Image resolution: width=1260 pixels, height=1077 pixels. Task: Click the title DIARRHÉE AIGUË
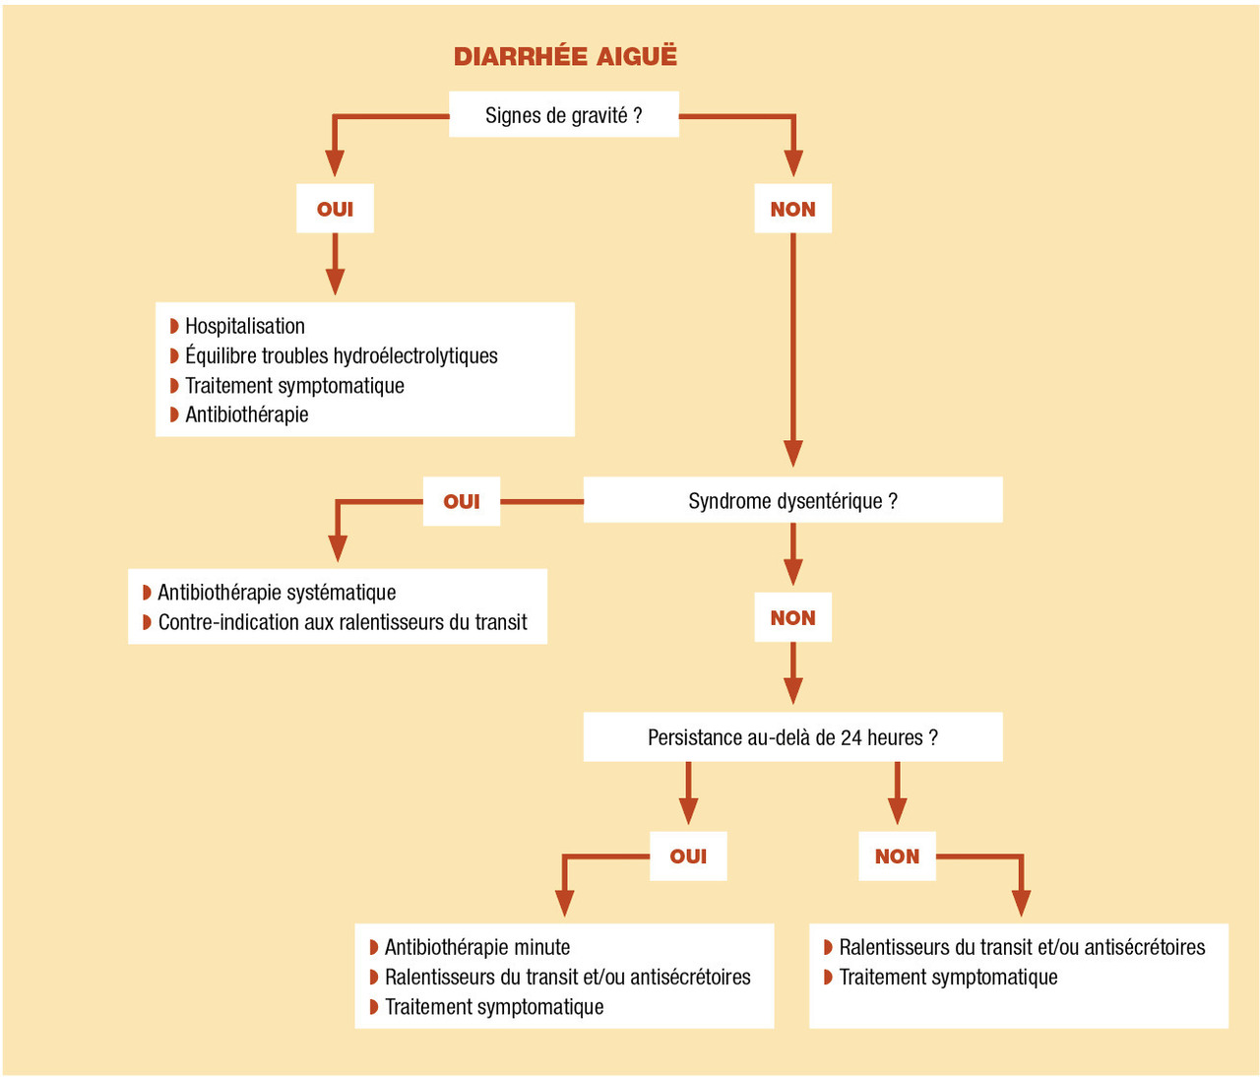565,56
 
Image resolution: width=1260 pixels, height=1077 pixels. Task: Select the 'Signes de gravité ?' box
563,115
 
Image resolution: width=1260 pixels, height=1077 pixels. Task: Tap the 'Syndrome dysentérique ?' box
792,501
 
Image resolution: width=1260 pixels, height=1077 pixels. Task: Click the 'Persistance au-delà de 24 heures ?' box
792,737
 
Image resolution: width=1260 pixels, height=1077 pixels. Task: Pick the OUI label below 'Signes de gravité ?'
335,209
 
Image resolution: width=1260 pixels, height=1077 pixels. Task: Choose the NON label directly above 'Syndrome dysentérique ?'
792,209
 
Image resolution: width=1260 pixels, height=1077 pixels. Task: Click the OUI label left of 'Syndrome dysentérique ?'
462,501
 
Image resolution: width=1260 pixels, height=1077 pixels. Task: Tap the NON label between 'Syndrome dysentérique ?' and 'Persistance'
792,618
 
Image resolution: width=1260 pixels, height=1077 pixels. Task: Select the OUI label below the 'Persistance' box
688,856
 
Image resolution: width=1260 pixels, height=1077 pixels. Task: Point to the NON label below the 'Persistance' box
897,856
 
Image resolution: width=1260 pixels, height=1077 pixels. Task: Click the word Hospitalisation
245,326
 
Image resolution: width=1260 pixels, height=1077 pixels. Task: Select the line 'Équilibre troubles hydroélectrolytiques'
342,355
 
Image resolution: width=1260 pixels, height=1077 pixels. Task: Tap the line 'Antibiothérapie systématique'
277,593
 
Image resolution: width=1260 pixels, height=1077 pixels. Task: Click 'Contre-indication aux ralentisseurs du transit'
343,622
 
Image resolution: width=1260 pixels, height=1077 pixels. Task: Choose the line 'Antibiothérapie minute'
477,947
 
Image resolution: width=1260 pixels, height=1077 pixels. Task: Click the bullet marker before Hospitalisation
174,326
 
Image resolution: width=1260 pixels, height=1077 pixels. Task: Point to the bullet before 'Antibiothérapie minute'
374,947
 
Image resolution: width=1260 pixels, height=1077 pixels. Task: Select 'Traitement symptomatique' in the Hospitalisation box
294,385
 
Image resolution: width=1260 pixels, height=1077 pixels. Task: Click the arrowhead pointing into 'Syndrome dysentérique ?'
792,454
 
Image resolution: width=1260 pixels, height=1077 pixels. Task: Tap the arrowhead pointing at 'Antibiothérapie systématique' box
338,548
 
